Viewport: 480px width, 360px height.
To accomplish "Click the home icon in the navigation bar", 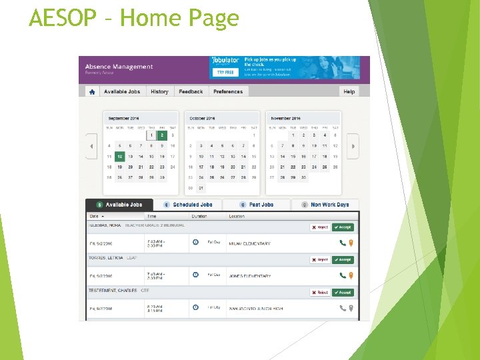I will click(92, 91).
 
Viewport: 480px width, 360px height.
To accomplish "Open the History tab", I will click(159, 91).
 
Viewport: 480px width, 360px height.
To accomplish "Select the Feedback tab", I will click(191, 91).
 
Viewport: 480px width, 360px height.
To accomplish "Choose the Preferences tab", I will click(228, 91).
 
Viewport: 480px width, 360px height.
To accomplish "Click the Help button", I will click(349, 91).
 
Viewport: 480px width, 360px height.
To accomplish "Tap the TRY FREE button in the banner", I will click(225, 72).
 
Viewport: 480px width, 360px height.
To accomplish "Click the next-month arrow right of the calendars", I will click(353, 146).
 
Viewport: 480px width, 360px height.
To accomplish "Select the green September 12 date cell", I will click(120, 157).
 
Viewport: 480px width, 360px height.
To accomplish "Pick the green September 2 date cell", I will click(162, 135).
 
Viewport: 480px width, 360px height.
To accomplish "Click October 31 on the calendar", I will click(201, 189).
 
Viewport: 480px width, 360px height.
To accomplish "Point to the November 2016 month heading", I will click(286, 118).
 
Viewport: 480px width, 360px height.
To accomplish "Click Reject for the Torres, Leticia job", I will click(320, 260).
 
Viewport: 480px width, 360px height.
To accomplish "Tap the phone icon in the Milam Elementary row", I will click(343, 243).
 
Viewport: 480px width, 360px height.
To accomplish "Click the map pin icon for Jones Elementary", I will click(351, 275).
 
